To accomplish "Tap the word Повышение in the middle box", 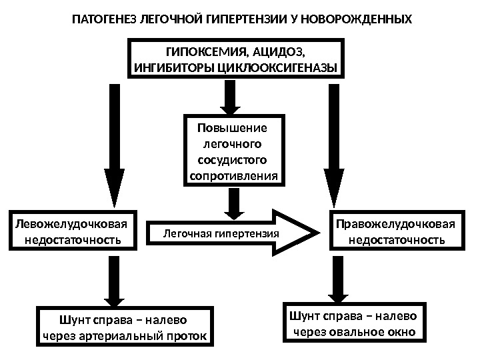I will pyautogui.click(x=233, y=128).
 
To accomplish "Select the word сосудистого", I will pyautogui.click(x=233, y=160).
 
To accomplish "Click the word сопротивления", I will pyautogui.click(x=233, y=176).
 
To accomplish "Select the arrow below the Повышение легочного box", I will pyautogui.click(x=233, y=201).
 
